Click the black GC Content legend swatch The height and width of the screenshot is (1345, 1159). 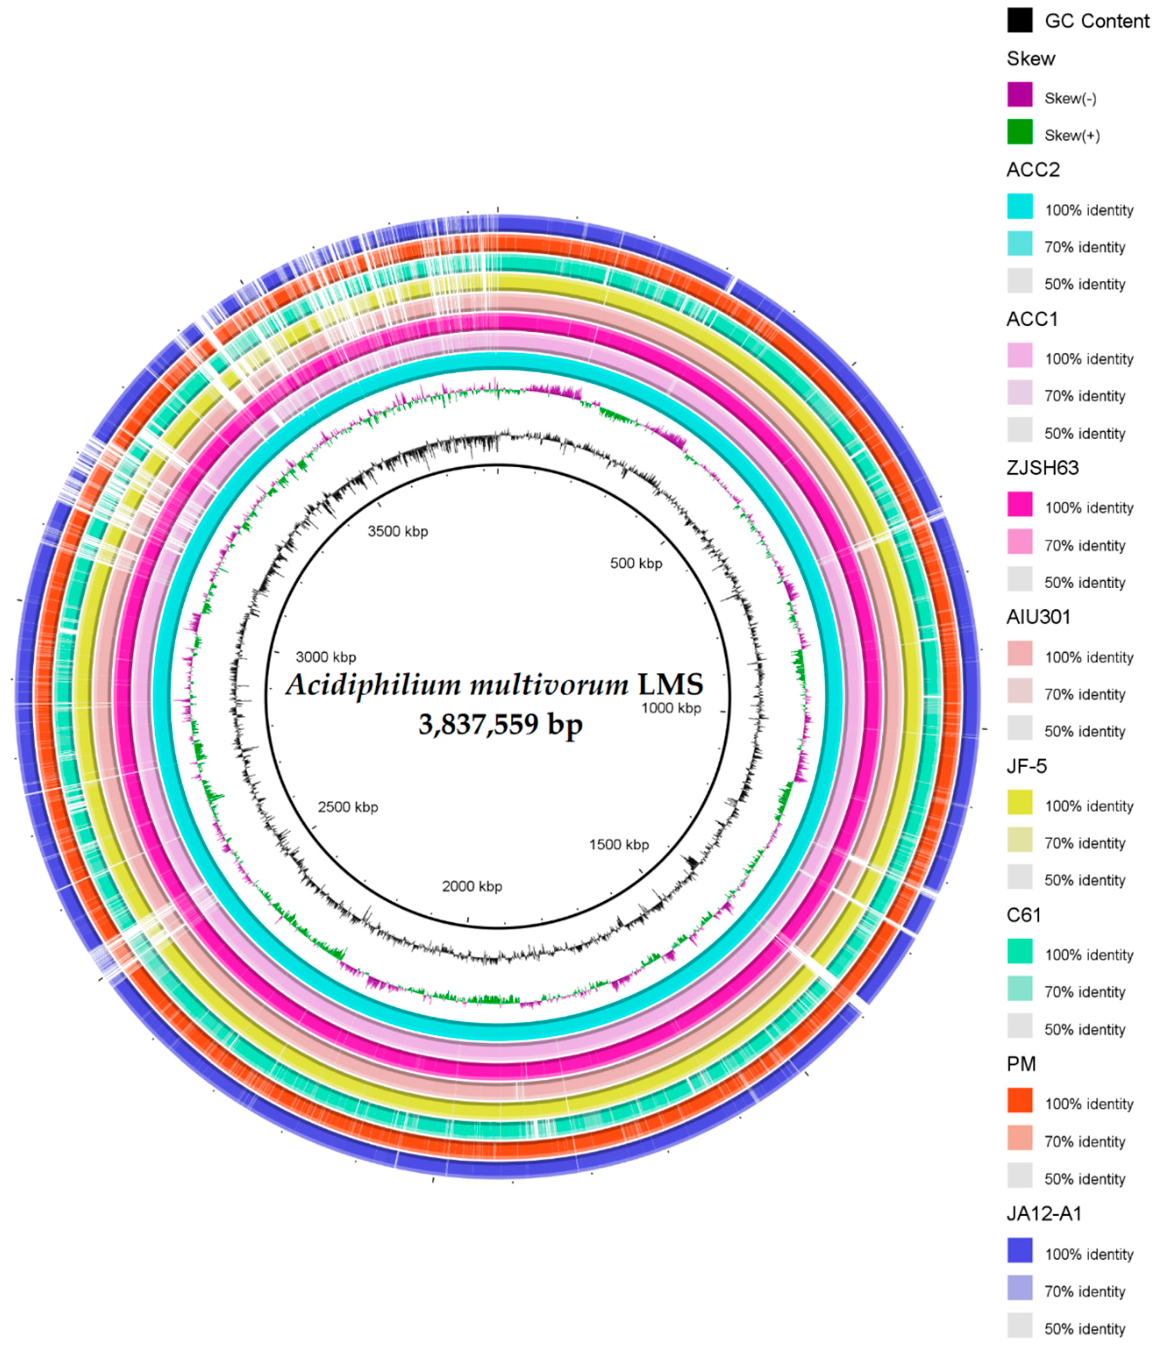[x=1020, y=21]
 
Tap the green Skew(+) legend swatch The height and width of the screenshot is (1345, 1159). [x=1020, y=132]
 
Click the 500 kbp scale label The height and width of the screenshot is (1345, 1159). [x=636, y=563]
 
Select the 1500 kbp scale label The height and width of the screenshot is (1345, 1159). [x=619, y=845]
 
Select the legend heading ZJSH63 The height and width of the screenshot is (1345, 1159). [x=1042, y=468]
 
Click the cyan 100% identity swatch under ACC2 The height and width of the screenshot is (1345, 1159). [x=1020, y=206]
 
